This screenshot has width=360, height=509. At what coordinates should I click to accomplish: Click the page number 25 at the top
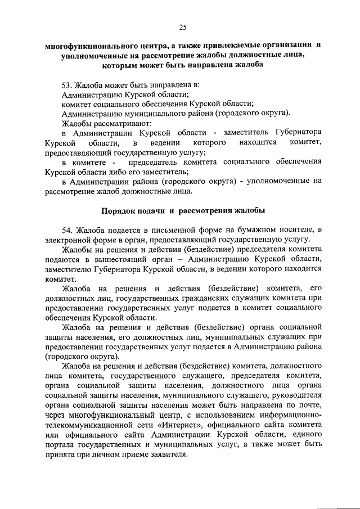pos(182,26)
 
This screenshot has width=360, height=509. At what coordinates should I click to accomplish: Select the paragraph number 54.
pos(66,230)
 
